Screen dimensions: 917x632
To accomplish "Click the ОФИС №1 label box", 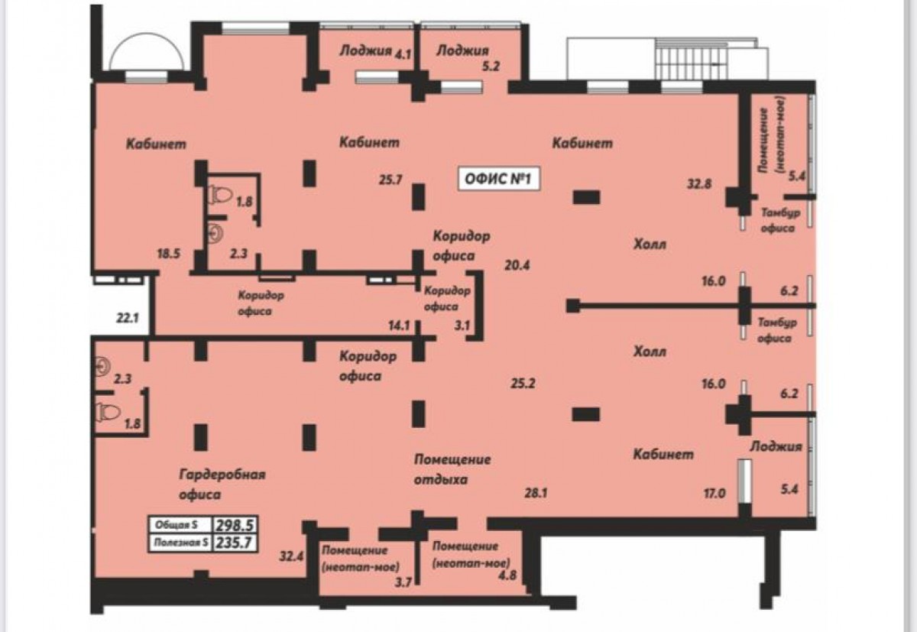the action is click(x=498, y=180).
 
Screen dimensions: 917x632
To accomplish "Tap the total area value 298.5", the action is click(x=235, y=525).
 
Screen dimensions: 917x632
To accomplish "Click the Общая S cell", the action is click(x=180, y=525).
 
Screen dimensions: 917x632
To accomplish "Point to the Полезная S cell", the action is click(x=180, y=543).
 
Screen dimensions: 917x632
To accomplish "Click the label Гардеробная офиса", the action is click(x=222, y=485).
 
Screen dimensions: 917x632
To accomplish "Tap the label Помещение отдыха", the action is click(x=452, y=469).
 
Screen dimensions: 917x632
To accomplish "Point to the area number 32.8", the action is click(x=698, y=184).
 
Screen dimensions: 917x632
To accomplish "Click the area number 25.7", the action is click(x=390, y=180).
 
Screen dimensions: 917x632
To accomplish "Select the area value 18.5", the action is click(x=169, y=254).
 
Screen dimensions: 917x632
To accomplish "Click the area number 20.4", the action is click(x=517, y=266).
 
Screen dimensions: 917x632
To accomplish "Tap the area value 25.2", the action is click(x=523, y=384).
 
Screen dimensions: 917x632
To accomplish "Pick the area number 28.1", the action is click(x=536, y=493).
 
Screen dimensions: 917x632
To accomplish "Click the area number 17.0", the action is click(x=714, y=493).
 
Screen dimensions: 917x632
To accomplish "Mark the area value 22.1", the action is click(x=128, y=318).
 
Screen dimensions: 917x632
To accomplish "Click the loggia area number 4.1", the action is click(x=403, y=54).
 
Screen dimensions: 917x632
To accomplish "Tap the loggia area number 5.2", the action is click(x=491, y=66).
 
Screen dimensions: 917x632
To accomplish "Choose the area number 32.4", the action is click(x=291, y=556).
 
